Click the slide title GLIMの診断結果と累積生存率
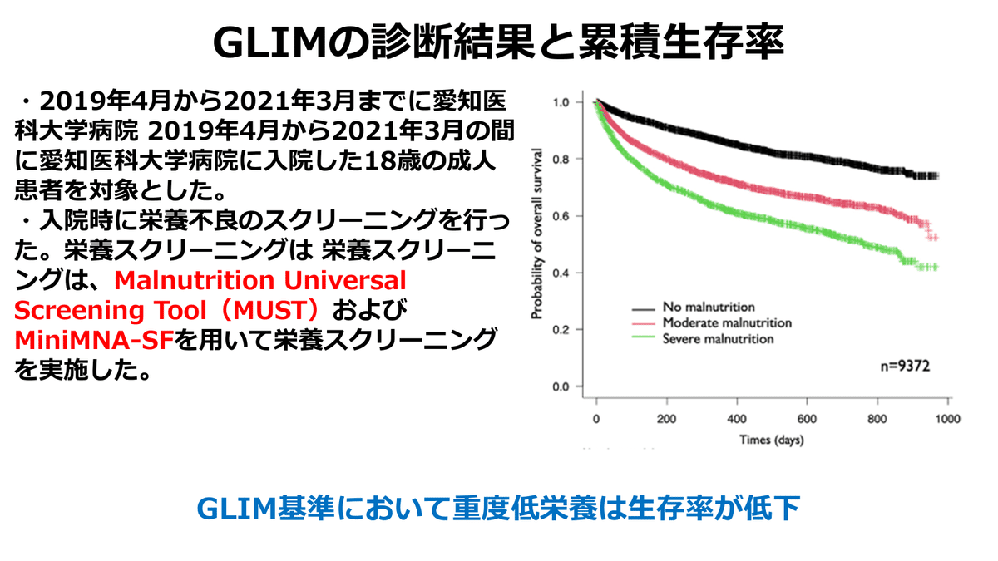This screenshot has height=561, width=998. click(498, 42)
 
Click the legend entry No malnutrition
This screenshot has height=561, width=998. click(709, 307)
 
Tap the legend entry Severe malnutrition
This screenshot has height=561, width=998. click(718, 338)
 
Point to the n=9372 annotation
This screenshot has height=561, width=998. click(905, 365)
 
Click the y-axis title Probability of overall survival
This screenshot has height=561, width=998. click(538, 235)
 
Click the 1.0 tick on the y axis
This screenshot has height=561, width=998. click(561, 102)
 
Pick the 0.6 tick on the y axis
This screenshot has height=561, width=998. click(561, 216)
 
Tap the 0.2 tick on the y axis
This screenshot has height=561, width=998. click(561, 330)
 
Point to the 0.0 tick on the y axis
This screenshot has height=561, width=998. click(561, 386)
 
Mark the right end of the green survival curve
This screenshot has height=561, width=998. click(936, 267)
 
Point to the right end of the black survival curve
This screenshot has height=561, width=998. click(936, 175)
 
